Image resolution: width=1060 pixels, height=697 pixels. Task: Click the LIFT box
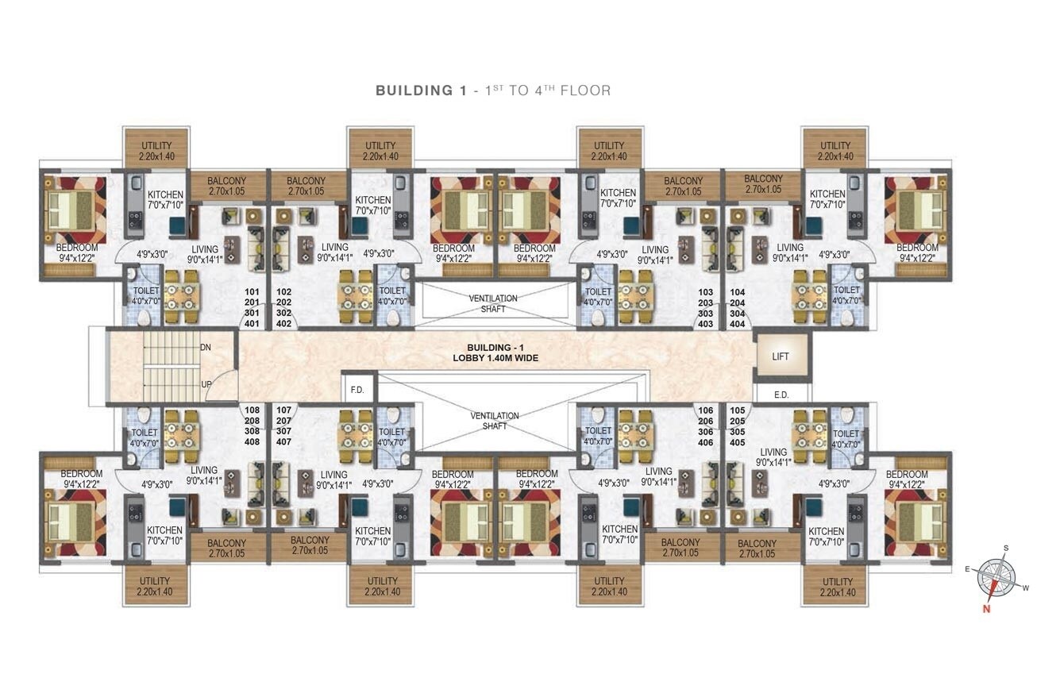pos(781,356)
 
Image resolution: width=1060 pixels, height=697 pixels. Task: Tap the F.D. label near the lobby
pos(357,391)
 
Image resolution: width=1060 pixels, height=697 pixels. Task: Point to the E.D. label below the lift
pos(781,395)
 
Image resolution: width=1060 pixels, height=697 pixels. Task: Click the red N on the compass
pos(986,609)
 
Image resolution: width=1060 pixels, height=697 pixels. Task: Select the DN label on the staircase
pos(206,348)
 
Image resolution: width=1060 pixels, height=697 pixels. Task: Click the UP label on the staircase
pos(206,384)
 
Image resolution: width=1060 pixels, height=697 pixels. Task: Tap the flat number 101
pos(252,292)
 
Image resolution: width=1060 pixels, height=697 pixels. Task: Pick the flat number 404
pos(738,324)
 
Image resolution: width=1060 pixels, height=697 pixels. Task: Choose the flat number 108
pos(252,410)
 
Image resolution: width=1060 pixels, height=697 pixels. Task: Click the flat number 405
pos(738,442)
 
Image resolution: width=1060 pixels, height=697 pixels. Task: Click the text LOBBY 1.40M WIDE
pos(495,358)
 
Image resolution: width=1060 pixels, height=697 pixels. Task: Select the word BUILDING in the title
pos(414,90)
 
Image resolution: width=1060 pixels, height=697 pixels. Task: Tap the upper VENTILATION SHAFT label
pos(493,303)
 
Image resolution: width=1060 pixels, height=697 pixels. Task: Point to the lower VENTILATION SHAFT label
pos(495,421)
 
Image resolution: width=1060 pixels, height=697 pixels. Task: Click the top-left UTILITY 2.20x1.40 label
pos(156,151)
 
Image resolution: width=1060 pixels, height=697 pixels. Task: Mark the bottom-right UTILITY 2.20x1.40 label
pos(838,587)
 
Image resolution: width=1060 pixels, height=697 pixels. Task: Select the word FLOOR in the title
pos(586,90)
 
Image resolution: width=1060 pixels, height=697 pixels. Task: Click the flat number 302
pos(284,313)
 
